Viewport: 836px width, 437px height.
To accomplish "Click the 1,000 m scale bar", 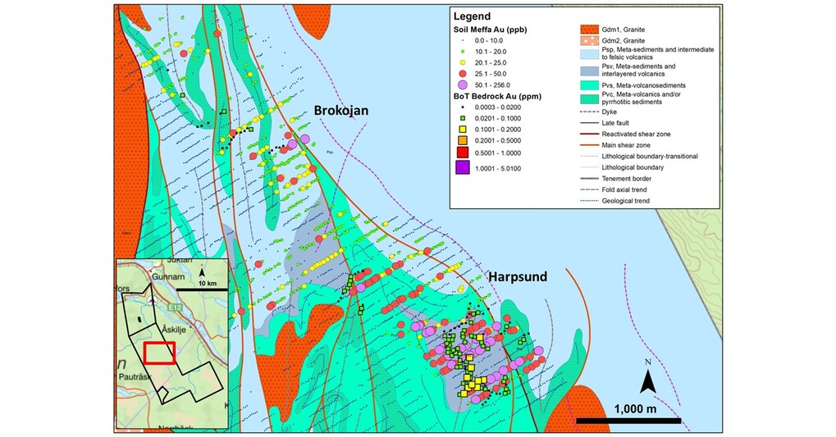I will coord(628,421).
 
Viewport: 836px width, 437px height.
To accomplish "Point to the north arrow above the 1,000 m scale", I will coord(647,379).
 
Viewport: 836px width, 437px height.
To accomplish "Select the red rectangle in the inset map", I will coord(160,352).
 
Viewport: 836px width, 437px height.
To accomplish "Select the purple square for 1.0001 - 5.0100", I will coord(463,167).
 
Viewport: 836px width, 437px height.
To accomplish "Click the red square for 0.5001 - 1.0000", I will coord(463,152).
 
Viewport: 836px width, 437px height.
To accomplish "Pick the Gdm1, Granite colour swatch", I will coord(586,30).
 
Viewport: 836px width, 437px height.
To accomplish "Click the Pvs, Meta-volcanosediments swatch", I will coord(586,84).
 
